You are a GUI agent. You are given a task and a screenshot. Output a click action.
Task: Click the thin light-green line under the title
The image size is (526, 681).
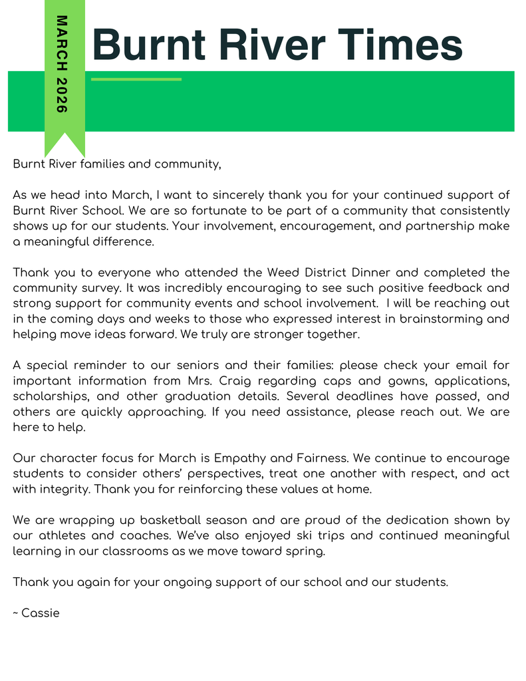pos(136,79)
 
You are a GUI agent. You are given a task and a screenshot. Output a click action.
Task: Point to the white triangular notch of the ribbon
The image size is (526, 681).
pos(65,148)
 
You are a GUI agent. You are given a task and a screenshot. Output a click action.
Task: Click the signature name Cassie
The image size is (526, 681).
pos(41,613)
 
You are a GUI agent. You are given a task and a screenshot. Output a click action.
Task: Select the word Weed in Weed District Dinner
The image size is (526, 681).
pos(283,272)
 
